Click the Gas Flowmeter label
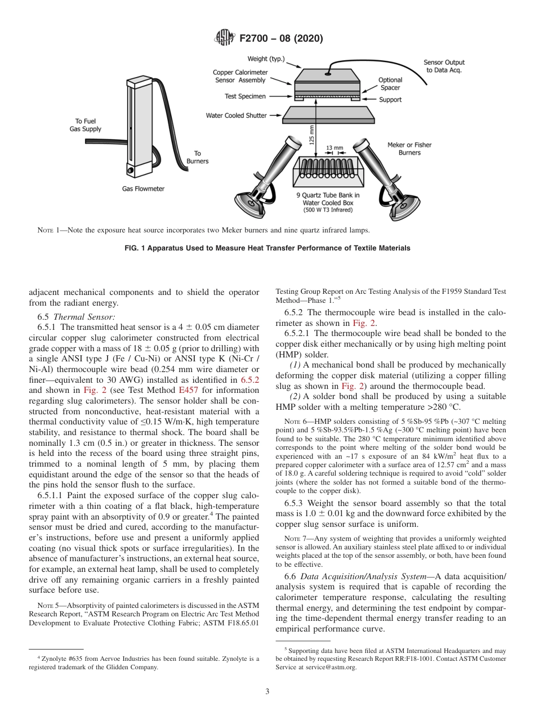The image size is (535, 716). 143,189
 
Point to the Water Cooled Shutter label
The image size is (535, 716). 237,115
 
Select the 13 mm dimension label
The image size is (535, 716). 334,148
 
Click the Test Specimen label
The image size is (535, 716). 245,96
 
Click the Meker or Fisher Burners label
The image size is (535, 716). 409,149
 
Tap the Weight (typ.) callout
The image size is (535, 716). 266,59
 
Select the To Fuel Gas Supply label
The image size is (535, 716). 89,125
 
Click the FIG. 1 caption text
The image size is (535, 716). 267,248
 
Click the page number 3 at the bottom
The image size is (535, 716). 267,692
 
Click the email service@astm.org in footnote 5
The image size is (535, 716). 340,667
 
